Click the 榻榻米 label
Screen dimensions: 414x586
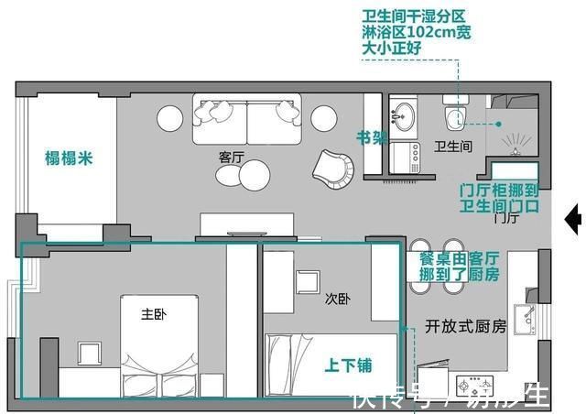[x=69, y=157]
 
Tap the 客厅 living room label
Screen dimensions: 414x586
[x=232, y=157]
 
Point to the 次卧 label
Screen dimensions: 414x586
[x=337, y=299]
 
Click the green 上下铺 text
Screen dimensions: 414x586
[x=349, y=365]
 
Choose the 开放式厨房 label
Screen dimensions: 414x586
[x=466, y=325]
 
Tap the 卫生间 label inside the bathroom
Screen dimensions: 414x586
[x=452, y=146]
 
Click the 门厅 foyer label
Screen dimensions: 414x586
[x=506, y=218]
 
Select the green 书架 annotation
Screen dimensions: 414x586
[x=371, y=138]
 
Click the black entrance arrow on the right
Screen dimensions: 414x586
[x=575, y=218]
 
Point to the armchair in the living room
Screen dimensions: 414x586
[x=334, y=166]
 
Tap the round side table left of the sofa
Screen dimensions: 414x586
[x=170, y=118]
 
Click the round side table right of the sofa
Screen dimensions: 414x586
[x=324, y=117]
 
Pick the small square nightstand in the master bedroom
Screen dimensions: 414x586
[x=90, y=353]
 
